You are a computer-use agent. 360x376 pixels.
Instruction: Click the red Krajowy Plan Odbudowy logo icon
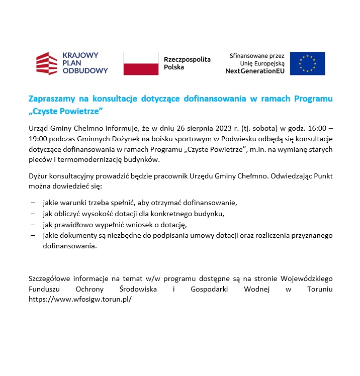point(47,63)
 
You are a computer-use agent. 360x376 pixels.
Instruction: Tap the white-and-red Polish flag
point(141,63)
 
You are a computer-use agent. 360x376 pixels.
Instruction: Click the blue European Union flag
point(307,63)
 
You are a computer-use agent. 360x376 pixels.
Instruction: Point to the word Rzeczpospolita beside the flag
point(187,59)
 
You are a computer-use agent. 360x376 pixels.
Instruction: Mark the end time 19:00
point(37,139)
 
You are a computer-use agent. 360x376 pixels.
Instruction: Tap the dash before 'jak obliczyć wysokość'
point(33,214)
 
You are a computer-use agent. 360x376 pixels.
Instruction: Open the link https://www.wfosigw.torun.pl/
point(80,299)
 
